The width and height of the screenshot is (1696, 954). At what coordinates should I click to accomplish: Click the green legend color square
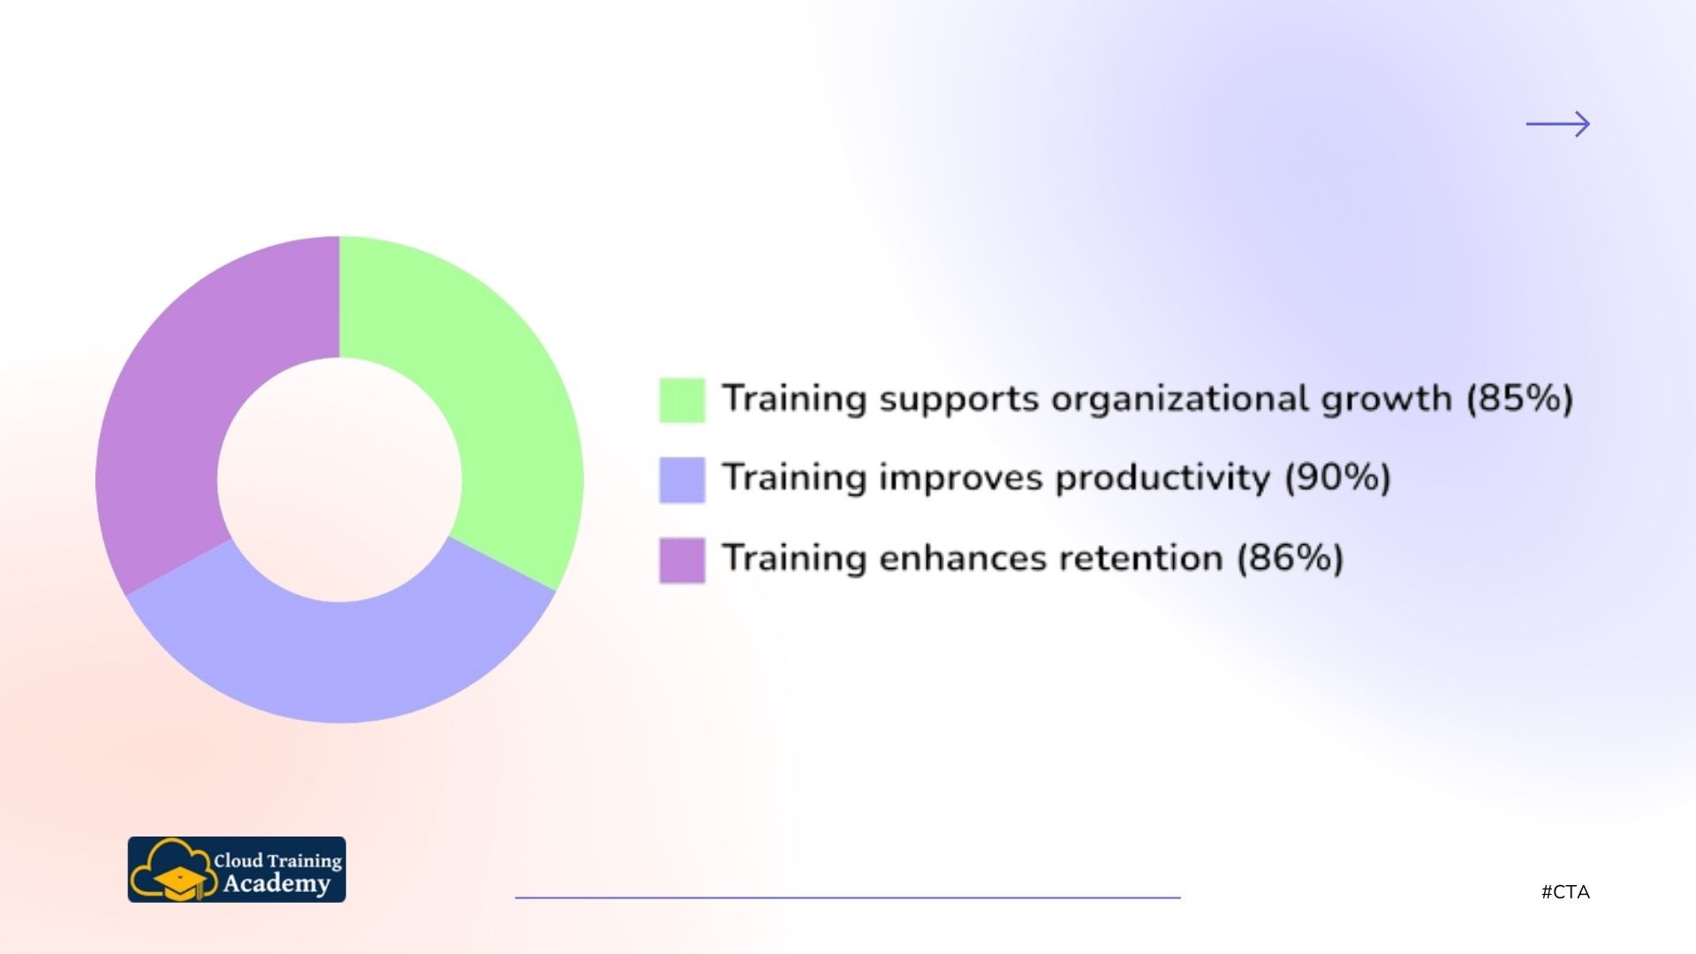click(x=682, y=400)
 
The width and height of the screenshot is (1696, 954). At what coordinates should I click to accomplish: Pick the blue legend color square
click(x=682, y=480)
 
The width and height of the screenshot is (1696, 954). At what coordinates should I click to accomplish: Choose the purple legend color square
click(x=682, y=560)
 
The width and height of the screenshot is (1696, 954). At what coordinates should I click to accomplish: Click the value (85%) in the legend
click(x=1520, y=398)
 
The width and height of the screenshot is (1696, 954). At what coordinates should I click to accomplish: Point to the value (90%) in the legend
click(x=1337, y=478)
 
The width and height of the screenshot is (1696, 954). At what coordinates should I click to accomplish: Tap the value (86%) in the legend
click(x=1290, y=558)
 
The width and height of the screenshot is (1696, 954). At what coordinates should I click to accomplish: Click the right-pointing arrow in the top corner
click(x=1558, y=125)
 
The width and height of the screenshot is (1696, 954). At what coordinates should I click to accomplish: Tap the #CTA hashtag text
click(x=1565, y=892)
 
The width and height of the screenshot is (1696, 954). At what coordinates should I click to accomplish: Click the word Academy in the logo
click(x=276, y=884)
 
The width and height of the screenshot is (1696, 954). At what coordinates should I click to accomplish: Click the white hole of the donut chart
click(x=340, y=480)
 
